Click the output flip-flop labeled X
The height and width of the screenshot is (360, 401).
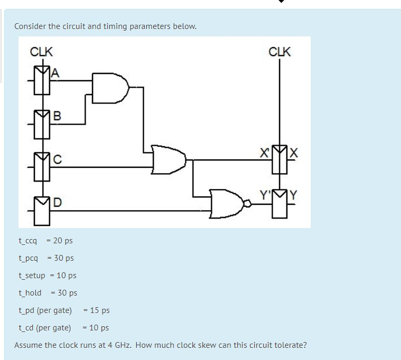(x=280, y=161)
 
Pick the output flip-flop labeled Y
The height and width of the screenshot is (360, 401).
(x=280, y=203)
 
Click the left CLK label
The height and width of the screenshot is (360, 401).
(x=41, y=52)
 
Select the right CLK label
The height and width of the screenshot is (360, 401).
(x=279, y=52)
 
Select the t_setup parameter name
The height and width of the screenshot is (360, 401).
(x=32, y=276)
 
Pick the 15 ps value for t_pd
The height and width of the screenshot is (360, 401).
(x=100, y=310)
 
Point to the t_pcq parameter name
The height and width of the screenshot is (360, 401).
(x=29, y=258)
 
